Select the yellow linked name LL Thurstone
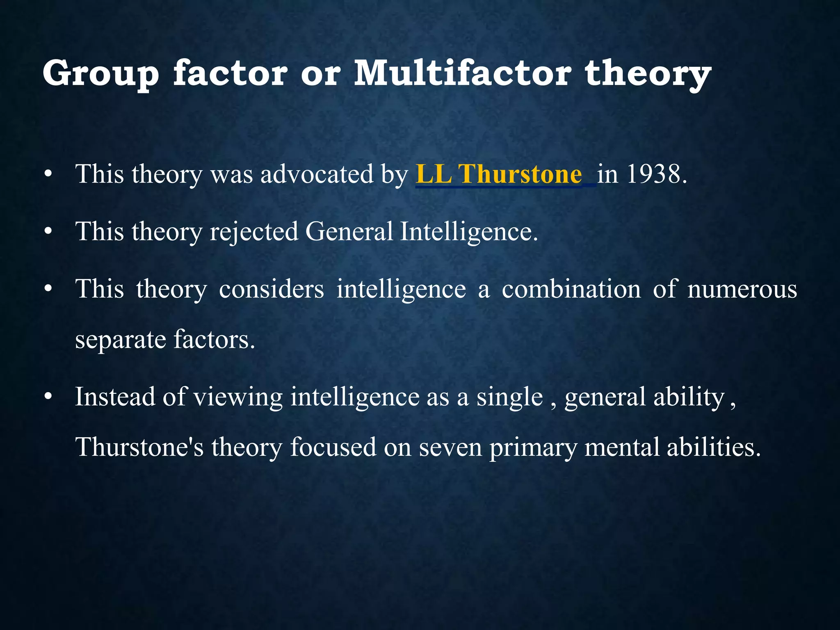(x=498, y=174)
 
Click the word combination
(x=571, y=289)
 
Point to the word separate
(x=120, y=340)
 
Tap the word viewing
(x=238, y=397)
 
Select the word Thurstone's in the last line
(x=139, y=447)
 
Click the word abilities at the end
(x=713, y=447)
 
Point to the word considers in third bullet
(x=271, y=289)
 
